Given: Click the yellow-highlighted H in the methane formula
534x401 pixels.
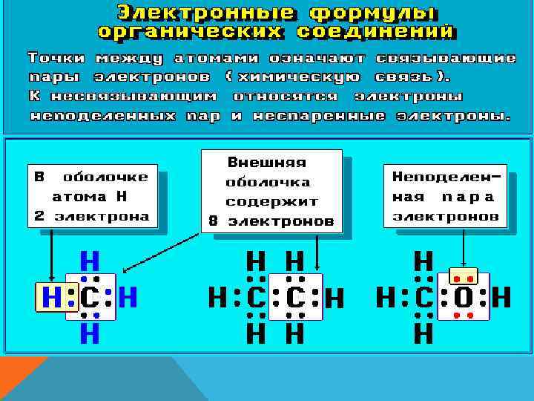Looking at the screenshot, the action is (51, 299).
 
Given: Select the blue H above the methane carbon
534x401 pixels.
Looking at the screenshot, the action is (90, 261).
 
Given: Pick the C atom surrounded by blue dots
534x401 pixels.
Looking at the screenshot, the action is (90, 299).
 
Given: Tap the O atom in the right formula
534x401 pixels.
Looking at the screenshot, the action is (463, 299).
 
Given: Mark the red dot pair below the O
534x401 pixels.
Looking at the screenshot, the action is (464, 316).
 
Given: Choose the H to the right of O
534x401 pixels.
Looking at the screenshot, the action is (501, 299).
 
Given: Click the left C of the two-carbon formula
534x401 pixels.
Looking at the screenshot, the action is (256, 299).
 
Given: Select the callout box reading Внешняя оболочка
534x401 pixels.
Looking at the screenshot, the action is (271, 192).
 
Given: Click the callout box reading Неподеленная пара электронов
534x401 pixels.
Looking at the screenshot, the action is (446, 196).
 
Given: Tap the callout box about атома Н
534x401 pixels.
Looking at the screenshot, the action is (91, 198).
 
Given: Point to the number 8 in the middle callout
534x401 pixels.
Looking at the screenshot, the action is (213, 221).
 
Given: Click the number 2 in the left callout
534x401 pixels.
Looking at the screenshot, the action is (39, 217).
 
